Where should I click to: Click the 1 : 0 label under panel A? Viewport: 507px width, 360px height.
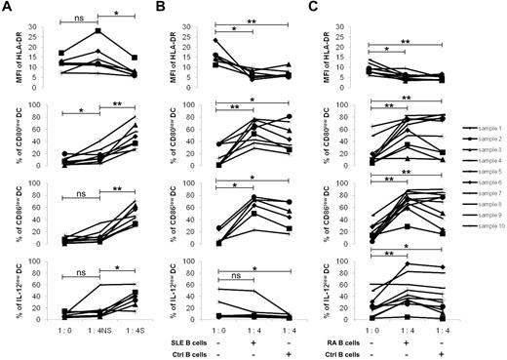[60, 332]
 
